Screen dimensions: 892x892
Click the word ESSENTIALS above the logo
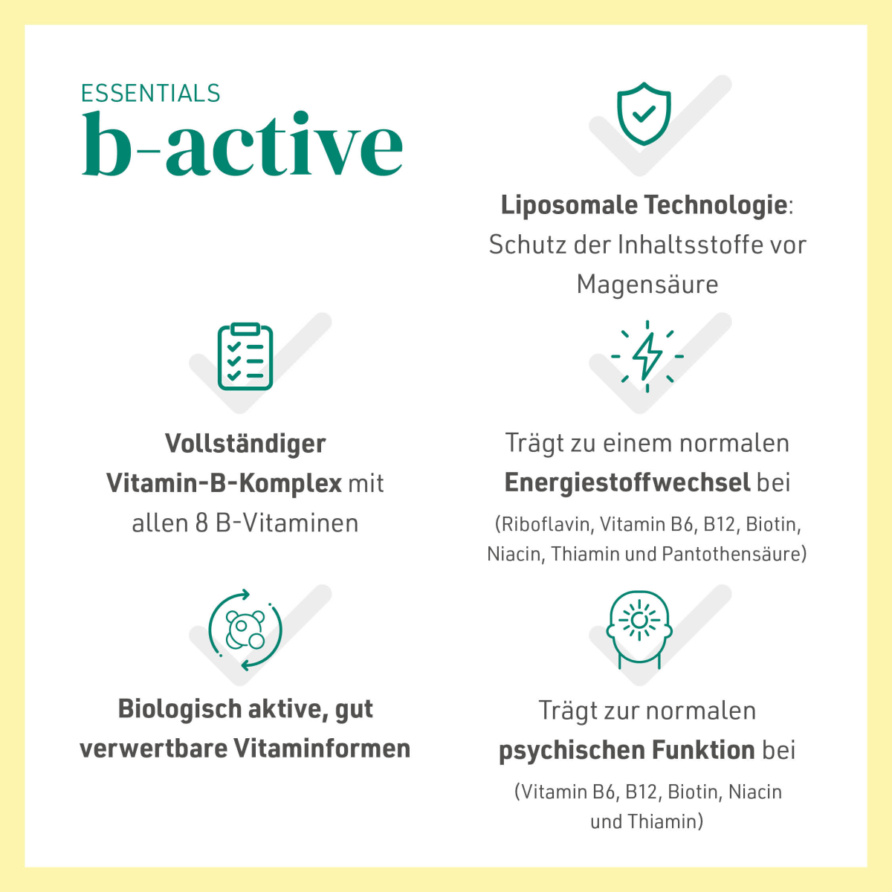(150, 94)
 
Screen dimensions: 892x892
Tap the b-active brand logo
(242, 143)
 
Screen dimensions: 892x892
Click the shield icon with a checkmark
(644, 114)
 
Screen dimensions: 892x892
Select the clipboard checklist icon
(245, 357)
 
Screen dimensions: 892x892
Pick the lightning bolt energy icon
(647, 357)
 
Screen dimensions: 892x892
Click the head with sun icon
(639, 630)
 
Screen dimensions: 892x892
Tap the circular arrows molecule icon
(245, 630)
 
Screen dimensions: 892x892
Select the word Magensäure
(647, 284)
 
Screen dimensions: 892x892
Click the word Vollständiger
(245, 444)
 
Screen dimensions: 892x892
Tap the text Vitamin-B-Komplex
(224, 483)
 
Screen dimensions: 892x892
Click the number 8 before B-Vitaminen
(202, 523)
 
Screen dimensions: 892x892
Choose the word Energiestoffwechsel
(627, 483)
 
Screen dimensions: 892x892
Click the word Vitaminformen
(322, 749)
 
